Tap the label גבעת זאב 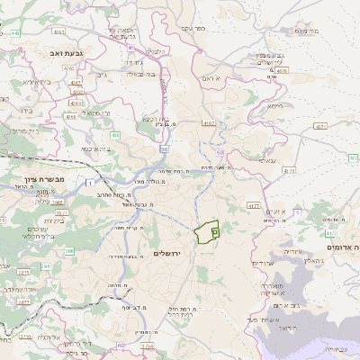point(68,54)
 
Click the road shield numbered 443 point(130,47)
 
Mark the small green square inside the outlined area point(214,231)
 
